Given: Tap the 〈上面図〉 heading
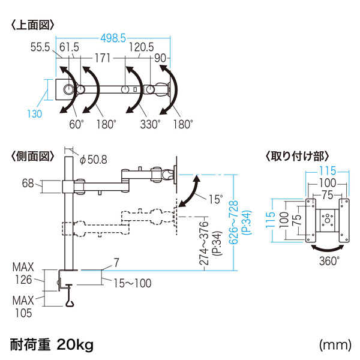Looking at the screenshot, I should click(33, 25).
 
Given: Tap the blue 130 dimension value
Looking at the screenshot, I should click(35, 113).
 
